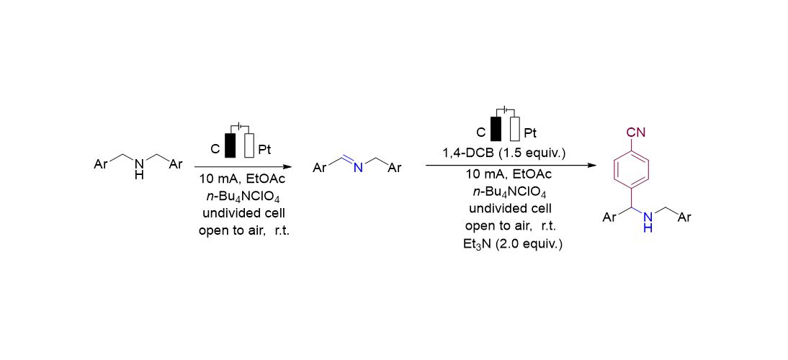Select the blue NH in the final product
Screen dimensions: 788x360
[x=648, y=222]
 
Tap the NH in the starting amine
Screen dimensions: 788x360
[x=139, y=170]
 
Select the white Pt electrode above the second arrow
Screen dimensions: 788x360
[x=514, y=129]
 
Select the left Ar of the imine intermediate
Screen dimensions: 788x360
[x=320, y=168]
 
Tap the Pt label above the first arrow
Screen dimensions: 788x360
[x=264, y=150]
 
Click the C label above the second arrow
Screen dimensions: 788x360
[x=481, y=132]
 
